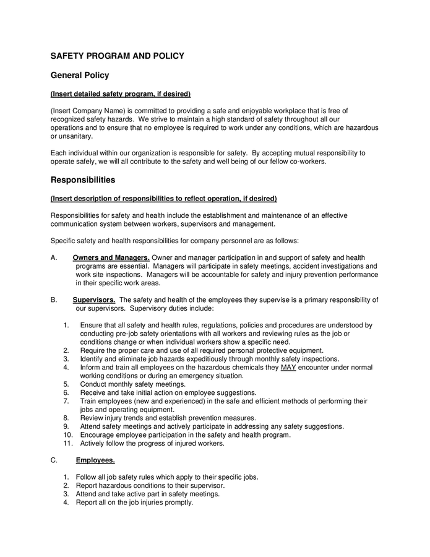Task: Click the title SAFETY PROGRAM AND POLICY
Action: coord(117,56)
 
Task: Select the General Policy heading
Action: coord(79,76)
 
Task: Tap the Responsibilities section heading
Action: coord(82,180)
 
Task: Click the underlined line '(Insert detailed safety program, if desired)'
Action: coord(120,94)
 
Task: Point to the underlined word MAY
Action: coord(288,367)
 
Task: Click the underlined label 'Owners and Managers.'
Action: coord(111,257)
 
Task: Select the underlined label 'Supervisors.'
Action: coord(94,300)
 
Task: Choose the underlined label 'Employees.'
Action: coord(95,460)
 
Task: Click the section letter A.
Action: coord(54,257)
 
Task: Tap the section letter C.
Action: coord(54,460)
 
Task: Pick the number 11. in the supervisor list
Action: coord(68,443)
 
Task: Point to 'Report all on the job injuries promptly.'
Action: coord(134,503)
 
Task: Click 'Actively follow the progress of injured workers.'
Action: coord(152,443)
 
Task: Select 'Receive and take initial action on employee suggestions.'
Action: coord(168,392)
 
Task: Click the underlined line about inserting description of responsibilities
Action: coord(163,199)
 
